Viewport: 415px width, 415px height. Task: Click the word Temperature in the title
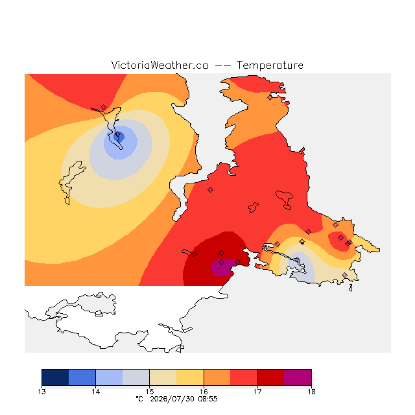point(270,65)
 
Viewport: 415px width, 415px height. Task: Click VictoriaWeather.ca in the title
point(160,65)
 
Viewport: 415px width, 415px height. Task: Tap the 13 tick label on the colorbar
point(41,392)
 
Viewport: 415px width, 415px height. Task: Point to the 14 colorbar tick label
point(95,392)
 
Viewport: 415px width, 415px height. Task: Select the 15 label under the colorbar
point(150,392)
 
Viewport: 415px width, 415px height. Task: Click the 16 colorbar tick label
point(204,392)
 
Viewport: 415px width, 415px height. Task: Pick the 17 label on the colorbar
point(257,392)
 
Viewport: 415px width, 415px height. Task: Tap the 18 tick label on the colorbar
point(311,392)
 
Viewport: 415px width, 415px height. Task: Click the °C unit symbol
point(139,399)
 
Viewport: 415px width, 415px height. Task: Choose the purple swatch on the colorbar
point(298,377)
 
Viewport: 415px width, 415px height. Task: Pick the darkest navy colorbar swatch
point(55,377)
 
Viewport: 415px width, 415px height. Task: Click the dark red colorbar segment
point(271,377)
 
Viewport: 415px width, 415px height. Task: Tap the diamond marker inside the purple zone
point(222,262)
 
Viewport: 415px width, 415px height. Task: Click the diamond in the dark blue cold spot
point(118,134)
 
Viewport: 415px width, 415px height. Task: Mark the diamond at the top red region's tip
point(103,107)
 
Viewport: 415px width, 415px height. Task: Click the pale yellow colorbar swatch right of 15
point(163,377)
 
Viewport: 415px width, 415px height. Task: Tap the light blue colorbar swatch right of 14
point(109,377)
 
